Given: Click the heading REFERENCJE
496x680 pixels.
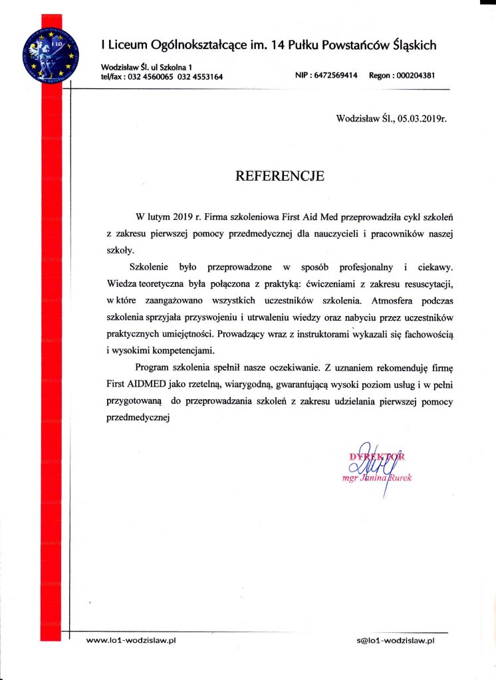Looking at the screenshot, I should click(280, 177).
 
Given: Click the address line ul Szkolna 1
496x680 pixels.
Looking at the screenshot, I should click(170, 66).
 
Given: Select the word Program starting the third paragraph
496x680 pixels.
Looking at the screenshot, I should click(154, 367).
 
